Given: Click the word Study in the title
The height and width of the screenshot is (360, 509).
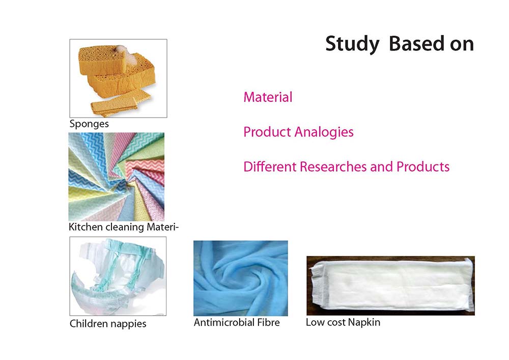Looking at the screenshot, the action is pos(352,44).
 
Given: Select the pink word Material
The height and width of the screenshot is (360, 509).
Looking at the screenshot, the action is pos(268,97).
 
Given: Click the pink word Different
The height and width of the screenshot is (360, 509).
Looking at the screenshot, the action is pos(270,167).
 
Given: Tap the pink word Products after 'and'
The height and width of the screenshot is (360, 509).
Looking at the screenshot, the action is pos(423,167).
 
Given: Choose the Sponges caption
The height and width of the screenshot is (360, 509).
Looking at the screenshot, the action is pos(89,124).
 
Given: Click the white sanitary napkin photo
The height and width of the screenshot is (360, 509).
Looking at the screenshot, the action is pos(390,286).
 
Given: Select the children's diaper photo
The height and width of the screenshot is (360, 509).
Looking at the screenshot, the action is pos(118,276).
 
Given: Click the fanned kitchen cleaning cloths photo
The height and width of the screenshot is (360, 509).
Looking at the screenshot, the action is pos(117,177).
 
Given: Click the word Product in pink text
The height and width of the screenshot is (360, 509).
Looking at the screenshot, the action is pos(267,132).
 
